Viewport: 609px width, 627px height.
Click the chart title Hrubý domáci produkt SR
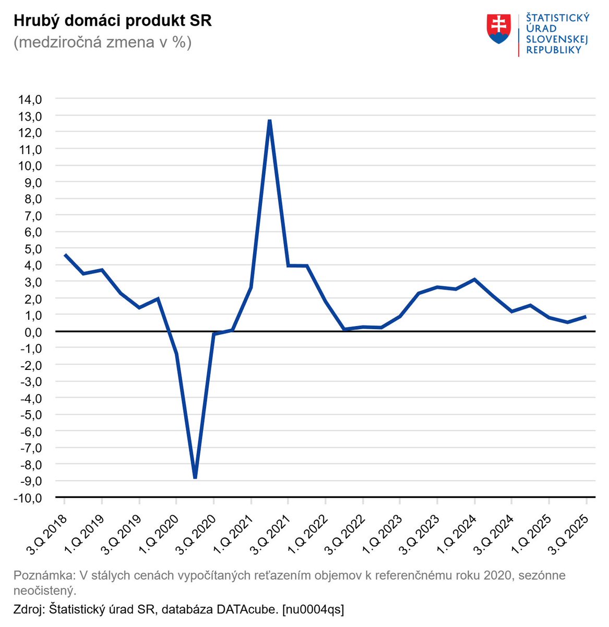[112, 21]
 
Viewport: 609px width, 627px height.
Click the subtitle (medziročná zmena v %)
[102, 42]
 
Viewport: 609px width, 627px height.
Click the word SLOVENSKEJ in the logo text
[557, 39]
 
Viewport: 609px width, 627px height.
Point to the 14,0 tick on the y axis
[30, 99]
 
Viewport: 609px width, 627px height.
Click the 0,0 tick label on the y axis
[31, 331]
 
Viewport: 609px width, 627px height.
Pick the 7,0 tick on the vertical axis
[31, 215]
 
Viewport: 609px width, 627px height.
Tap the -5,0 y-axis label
[30, 414]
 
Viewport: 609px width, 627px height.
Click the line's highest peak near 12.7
[269, 121]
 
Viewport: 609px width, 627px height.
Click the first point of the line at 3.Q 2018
[65, 254]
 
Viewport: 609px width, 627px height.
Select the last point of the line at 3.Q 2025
[586, 316]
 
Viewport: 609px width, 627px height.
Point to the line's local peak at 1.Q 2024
[474, 279]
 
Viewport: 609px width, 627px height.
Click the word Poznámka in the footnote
[43, 576]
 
